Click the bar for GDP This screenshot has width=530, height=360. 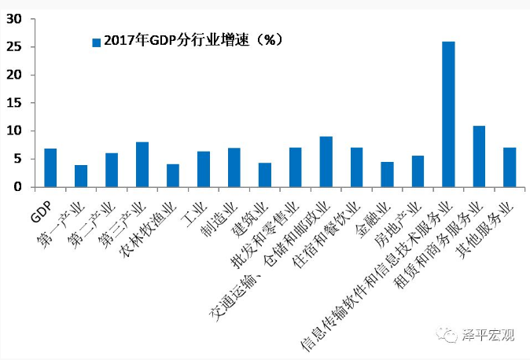pyautogui.click(x=50, y=167)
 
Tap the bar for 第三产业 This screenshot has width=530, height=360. pyautogui.click(x=142, y=164)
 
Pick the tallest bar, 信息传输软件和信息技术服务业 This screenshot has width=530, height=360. pyautogui.click(x=448, y=114)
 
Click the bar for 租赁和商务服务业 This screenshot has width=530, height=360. pyautogui.click(x=479, y=156)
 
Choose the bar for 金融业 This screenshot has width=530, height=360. pyautogui.click(x=387, y=174)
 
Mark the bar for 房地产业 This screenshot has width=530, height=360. pyautogui.click(x=418, y=171)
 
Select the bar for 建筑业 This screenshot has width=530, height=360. pyautogui.click(x=265, y=174)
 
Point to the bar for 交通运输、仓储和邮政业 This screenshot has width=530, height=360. pyautogui.click(x=326, y=162)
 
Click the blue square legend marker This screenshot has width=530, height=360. pyautogui.click(x=97, y=42)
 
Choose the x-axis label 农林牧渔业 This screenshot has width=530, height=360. pyautogui.click(x=149, y=227)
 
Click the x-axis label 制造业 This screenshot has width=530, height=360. pyautogui.click(x=222, y=217)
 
